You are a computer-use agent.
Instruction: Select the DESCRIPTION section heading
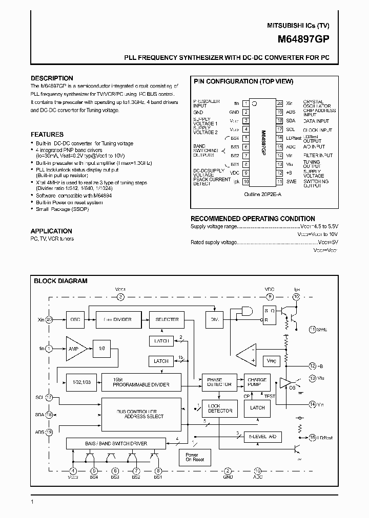(x=52, y=78)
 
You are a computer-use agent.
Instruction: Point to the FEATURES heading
(x=47, y=135)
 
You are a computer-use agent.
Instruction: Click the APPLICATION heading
(x=51, y=231)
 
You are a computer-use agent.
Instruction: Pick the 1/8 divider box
(x=101, y=348)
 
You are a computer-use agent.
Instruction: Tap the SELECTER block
(x=167, y=319)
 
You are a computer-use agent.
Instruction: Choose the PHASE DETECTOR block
(x=219, y=381)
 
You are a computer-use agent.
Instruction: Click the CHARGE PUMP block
(x=257, y=382)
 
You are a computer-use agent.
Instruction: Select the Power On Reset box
(x=194, y=457)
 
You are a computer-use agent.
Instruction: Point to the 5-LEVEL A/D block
(x=262, y=437)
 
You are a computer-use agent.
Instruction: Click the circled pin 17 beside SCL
(x=49, y=397)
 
